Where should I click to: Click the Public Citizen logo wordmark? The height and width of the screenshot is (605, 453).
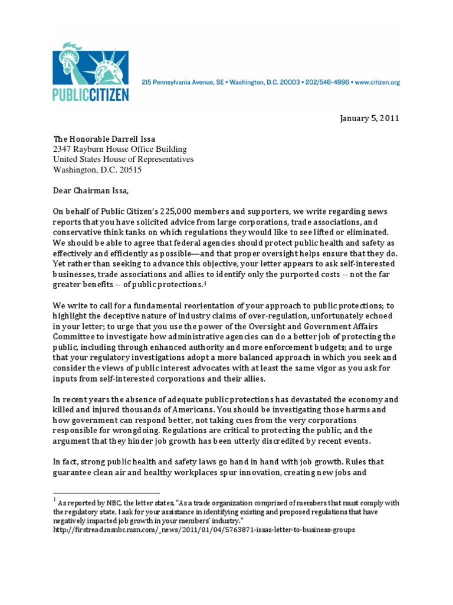[90, 94]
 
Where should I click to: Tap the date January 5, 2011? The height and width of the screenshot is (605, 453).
[369, 118]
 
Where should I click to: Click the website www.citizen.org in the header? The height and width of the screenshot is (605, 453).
[377, 83]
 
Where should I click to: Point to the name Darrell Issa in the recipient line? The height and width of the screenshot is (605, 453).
[132, 138]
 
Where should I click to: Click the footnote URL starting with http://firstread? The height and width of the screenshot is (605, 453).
[204, 531]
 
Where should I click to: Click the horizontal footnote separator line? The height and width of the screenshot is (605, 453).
[107, 492]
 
